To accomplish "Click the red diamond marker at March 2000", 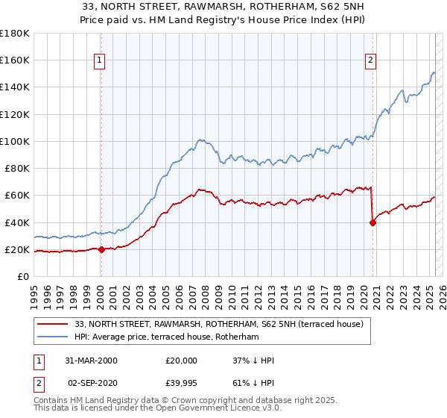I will coord(101,250).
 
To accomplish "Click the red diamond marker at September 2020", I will coord(372,222).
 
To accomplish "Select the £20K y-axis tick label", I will coord(18,250).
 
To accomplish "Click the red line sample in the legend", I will coord(53,325).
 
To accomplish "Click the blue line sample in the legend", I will coord(53,337).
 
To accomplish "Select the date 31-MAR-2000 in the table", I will coord(91,361).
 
